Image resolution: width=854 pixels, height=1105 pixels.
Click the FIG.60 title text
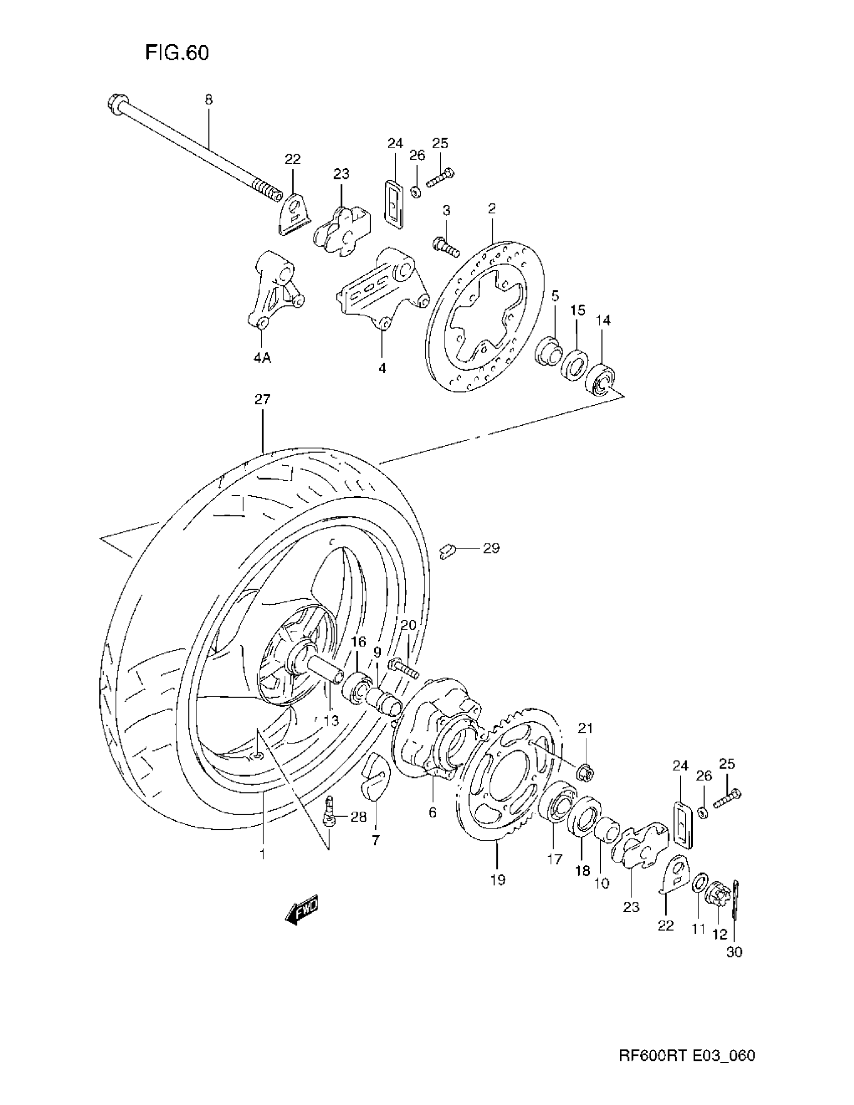(177, 53)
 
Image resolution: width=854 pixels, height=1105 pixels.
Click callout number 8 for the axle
(208, 99)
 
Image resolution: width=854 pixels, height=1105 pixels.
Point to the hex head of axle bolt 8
(115, 104)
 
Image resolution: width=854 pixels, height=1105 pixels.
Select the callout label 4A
(262, 358)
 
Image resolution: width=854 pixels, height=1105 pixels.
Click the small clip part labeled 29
(447, 550)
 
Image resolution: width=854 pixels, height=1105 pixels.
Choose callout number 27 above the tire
(262, 399)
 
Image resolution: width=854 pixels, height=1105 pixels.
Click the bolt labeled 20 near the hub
(403, 668)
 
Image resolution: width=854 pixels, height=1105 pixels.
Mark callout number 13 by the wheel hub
(331, 720)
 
